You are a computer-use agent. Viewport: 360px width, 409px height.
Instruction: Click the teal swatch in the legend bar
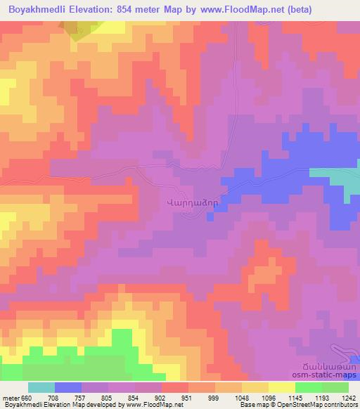41,387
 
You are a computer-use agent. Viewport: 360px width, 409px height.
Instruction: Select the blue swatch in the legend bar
67,387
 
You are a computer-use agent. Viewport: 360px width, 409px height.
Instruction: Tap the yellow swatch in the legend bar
281,387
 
